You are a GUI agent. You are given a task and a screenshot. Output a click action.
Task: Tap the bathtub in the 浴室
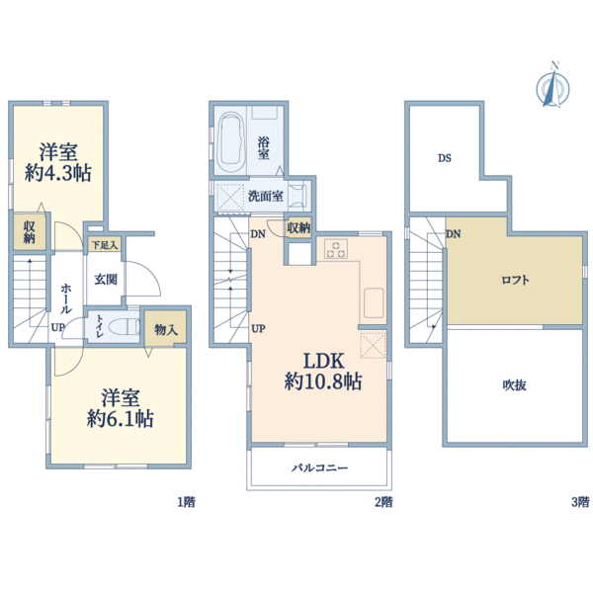click(233, 139)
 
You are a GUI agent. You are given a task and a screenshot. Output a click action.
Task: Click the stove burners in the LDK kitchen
click(333, 248)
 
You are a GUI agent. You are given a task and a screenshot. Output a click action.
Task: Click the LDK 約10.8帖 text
click(318, 368)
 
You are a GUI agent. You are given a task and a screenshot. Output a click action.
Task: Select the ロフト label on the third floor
click(514, 280)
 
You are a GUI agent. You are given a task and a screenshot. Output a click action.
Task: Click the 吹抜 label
click(512, 384)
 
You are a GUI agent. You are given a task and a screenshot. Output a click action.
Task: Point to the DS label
click(446, 157)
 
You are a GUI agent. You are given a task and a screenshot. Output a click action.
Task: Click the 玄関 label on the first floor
click(106, 280)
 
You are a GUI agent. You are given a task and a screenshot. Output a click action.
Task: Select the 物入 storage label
click(165, 330)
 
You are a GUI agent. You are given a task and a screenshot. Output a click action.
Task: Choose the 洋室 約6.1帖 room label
click(117, 407)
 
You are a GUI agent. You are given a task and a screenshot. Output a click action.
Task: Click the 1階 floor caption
click(186, 501)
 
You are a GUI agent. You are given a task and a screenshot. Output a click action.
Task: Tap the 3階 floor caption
click(581, 501)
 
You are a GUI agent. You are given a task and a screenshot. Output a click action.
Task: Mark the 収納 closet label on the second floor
click(298, 228)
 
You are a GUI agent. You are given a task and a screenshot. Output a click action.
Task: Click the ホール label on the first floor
click(65, 294)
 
